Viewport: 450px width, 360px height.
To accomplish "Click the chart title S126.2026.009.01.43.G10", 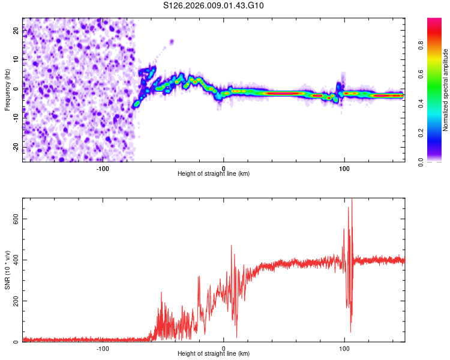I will (x=214, y=6).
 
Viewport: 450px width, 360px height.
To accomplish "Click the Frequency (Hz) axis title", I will (x=8, y=90).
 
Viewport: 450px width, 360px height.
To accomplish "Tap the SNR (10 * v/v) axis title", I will (x=8, y=270).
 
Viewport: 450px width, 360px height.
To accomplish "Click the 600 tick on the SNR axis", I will (x=14, y=219).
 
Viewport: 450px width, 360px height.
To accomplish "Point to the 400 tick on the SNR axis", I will (x=14, y=260).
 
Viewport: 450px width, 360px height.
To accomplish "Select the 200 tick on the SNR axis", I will (x=14, y=301).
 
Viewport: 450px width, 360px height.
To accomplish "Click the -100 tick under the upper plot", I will (x=103, y=168).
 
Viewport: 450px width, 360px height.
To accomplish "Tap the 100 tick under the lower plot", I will (x=344, y=348).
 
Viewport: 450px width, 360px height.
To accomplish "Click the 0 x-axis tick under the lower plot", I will (x=224, y=348).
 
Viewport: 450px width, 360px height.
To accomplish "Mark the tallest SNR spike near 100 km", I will (x=352, y=201).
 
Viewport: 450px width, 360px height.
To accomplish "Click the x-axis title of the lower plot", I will (x=214, y=355).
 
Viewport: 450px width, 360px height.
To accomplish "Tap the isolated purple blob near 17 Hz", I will (x=172, y=41).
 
